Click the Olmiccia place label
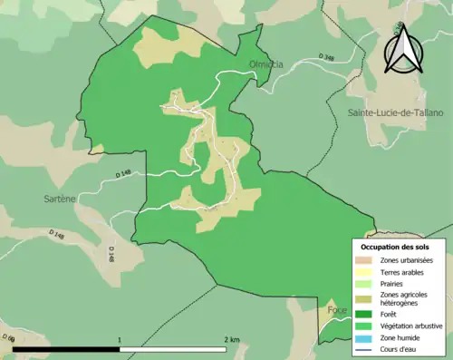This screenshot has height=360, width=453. click(x=265, y=64)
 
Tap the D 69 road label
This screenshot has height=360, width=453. click(x=8, y=338)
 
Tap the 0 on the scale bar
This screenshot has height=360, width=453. click(x=14, y=340)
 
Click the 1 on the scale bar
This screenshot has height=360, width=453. click(x=119, y=340)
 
